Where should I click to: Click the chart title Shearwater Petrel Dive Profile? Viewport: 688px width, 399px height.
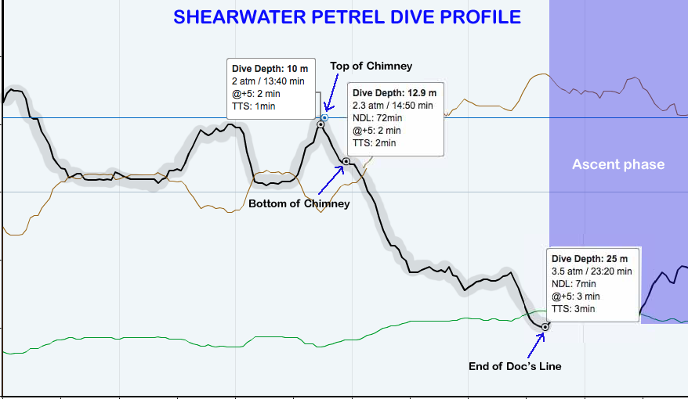coord(347,16)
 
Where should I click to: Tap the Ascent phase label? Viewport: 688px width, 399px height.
coord(617,164)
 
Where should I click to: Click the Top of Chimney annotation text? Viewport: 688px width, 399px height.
coord(371,66)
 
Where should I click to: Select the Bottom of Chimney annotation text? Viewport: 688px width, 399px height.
coord(299,204)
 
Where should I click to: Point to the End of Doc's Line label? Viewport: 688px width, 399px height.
coord(515,366)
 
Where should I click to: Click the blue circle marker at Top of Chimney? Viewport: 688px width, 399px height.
coord(324,117)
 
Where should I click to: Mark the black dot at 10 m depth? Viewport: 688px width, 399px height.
coord(320,124)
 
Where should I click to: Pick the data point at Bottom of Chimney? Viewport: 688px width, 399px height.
coord(346,161)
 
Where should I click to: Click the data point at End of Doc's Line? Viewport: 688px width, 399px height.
coord(545,326)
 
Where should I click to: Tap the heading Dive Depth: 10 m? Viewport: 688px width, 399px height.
coord(265,68)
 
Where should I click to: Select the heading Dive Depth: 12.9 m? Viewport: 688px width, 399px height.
coord(394,93)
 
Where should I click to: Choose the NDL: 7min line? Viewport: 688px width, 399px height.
coord(569,284)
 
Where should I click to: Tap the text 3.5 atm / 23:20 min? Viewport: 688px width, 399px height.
coord(592,271)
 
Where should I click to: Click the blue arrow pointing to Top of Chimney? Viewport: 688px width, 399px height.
coord(332,93)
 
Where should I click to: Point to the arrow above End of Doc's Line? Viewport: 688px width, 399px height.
coord(534,344)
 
